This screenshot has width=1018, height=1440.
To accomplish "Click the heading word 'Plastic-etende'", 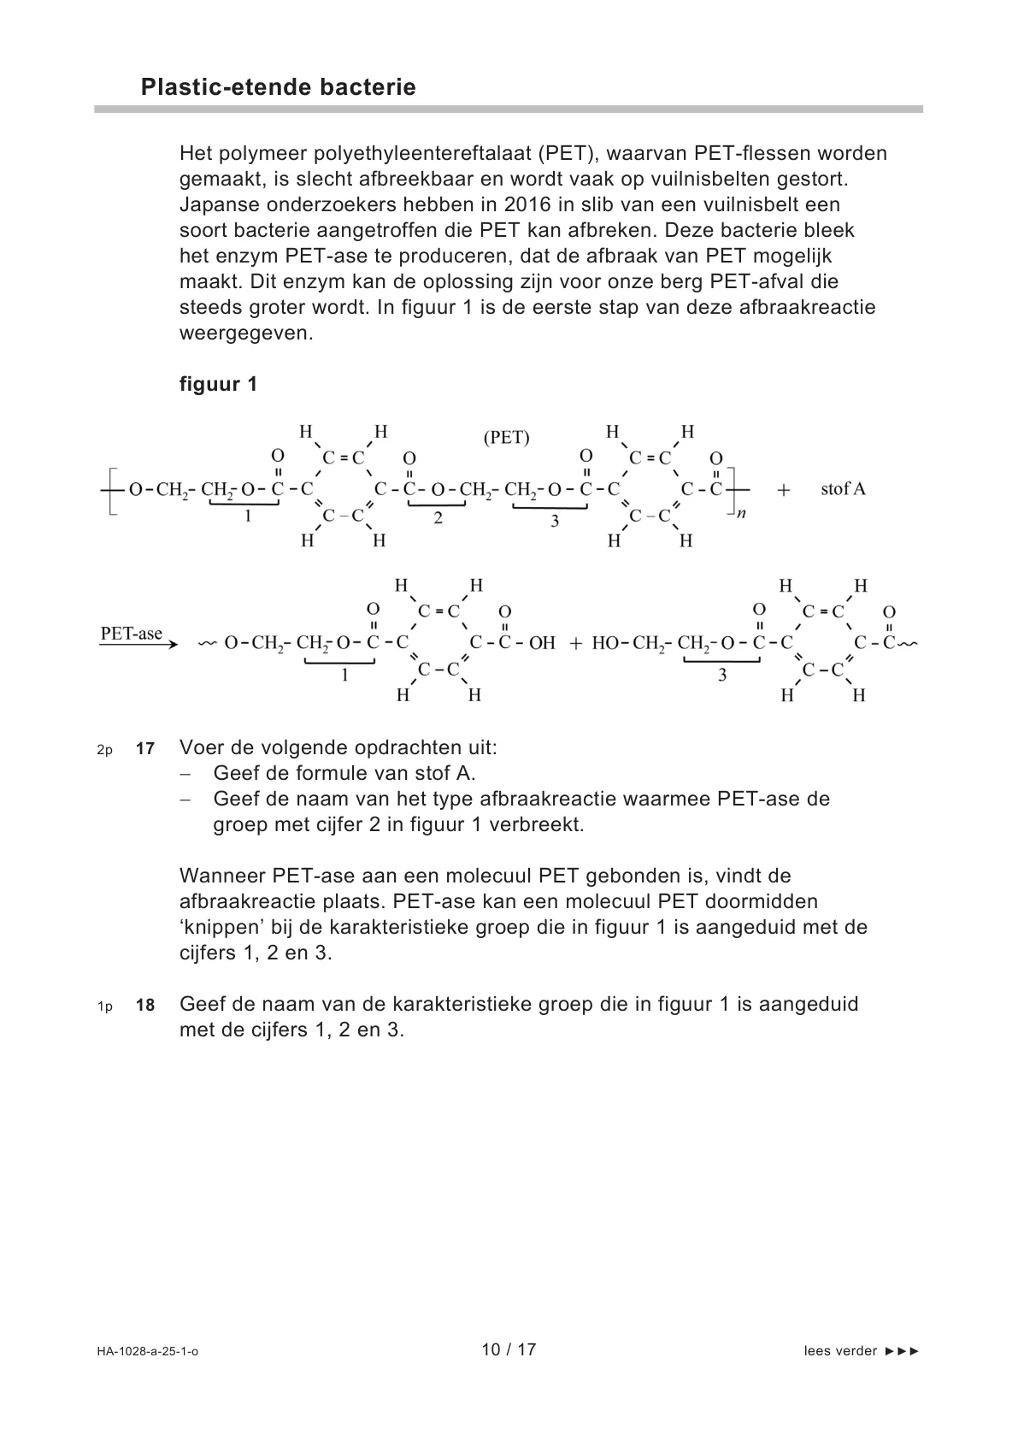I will click(x=224, y=87).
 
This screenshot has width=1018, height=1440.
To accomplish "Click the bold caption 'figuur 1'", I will click(x=218, y=384).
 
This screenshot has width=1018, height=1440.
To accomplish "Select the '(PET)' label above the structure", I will click(x=506, y=438).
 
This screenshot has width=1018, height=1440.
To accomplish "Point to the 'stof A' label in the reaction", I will click(x=843, y=489).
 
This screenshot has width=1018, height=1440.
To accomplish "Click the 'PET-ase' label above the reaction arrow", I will click(x=131, y=634).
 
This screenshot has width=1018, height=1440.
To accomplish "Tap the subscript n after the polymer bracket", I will click(x=741, y=515).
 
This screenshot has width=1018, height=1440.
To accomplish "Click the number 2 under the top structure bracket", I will click(x=438, y=518).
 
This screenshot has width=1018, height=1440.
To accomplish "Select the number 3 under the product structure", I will click(x=722, y=675).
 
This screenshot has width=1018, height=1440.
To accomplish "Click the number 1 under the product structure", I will click(x=344, y=675).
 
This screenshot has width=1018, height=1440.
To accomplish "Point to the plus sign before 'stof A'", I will click(x=784, y=490).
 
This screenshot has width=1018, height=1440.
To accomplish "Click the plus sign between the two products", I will click(x=575, y=643).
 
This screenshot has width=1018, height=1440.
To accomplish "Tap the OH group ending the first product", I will click(x=542, y=643).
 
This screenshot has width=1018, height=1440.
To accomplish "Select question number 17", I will click(x=145, y=749).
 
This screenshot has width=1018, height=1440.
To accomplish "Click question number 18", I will click(x=145, y=1006).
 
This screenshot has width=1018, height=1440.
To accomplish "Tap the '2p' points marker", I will click(x=104, y=750).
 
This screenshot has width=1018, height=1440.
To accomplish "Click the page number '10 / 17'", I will click(x=509, y=1350).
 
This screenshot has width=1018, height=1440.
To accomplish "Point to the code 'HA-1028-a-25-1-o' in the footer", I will click(x=147, y=1352).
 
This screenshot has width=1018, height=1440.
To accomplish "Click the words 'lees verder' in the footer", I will click(x=840, y=1351).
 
